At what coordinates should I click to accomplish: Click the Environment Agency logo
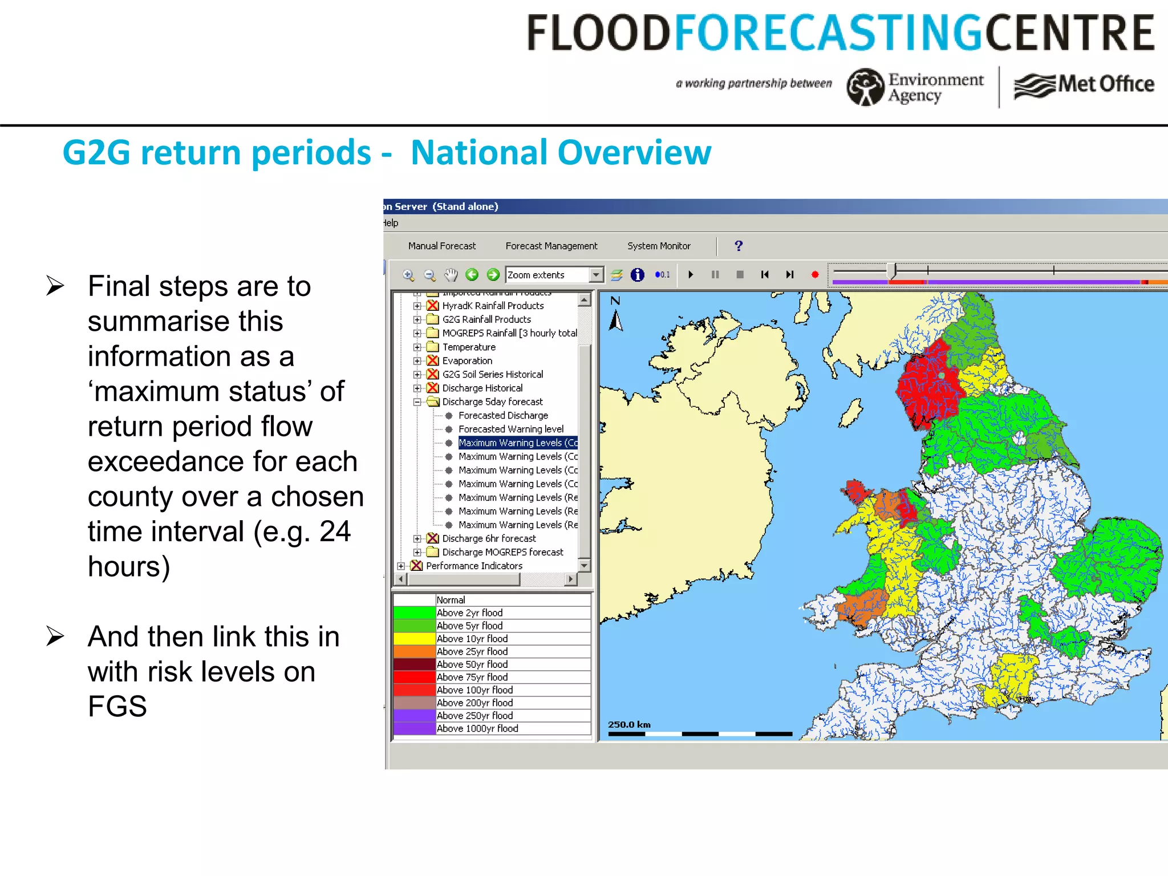pyautogui.click(x=915, y=87)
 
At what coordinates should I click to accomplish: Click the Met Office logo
pyautogui.click(x=1084, y=85)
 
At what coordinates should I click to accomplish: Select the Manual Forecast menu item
pyautogui.click(x=441, y=246)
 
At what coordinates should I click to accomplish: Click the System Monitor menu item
pyautogui.click(x=659, y=246)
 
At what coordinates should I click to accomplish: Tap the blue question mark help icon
pyautogui.click(x=739, y=246)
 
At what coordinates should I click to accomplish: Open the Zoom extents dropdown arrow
pyautogui.click(x=596, y=275)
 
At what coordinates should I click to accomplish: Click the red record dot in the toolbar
pyautogui.click(x=815, y=275)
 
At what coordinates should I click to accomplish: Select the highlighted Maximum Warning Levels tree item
pyautogui.click(x=517, y=443)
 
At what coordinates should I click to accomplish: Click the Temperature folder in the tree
pyautogui.click(x=468, y=347)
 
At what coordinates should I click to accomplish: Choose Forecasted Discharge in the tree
pyautogui.click(x=502, y=415)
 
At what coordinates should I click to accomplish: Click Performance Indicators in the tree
pyautogui.click(x=473, y=566)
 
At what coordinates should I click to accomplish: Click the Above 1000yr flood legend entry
pyautogui.click(x=477, y=728)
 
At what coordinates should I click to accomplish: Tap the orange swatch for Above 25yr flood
pyautogui.click(x=414, y=651)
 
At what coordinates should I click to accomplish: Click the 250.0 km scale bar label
pyautogui.click(x=629, y=724)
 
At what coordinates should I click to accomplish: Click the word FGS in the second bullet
pyautogui.click(x=117, y=707)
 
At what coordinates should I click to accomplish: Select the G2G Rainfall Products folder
pyautogui.click(x=486, y=319)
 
